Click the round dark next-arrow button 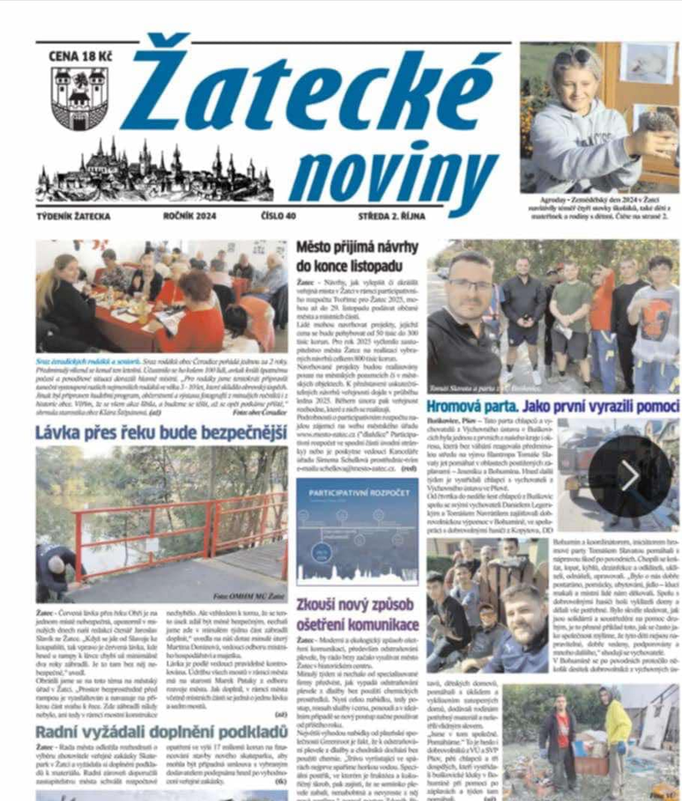click(629, 476)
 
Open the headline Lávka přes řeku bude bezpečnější click(161, 432)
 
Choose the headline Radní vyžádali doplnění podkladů click(161, 731)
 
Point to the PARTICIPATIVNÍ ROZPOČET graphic click(357, 530)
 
